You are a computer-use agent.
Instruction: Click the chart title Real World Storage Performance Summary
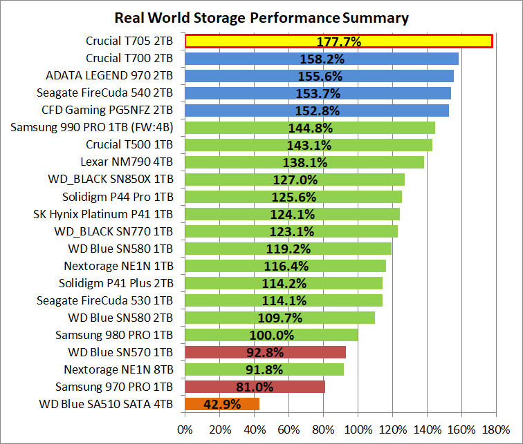261,17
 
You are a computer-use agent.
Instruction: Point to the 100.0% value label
272,335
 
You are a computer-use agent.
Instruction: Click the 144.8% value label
311,128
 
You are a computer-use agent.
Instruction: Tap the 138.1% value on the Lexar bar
305,162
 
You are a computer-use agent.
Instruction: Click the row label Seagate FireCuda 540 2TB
104,93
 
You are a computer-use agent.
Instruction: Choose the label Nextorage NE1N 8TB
118,369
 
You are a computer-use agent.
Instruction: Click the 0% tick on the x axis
185,429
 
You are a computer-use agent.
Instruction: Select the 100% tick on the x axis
358,429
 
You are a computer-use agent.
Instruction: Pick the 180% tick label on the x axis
496,429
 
